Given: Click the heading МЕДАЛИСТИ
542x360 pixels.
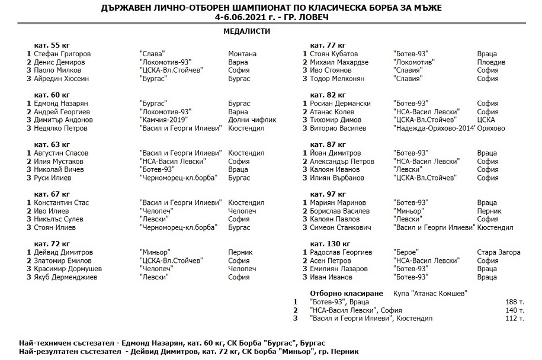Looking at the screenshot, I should [x=247, y=31].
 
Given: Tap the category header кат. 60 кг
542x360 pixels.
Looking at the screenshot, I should [x=52, y=95].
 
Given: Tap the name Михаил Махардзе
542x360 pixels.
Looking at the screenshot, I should [x=339, y=62].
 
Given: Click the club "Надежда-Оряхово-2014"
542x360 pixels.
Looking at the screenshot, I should [x=434, y=128].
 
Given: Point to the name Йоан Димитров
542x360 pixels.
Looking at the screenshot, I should [x=335, y=153].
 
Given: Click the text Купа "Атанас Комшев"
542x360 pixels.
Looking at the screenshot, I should [x=430, y=293].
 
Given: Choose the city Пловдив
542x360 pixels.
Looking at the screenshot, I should [x=491, y=62].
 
